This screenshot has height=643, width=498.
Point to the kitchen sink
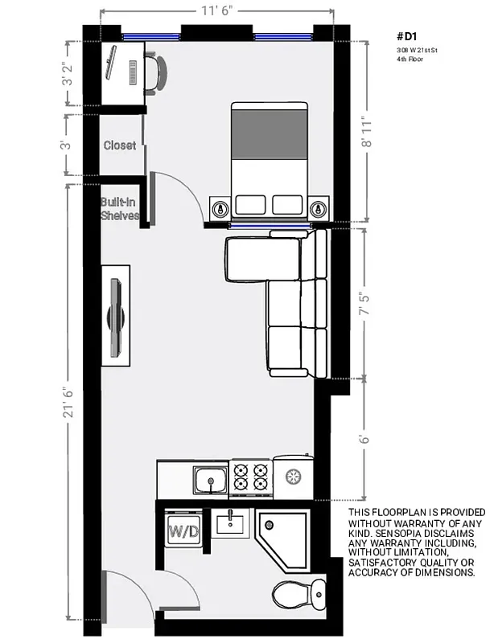point(211,481)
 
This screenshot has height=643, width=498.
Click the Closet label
point(119,145)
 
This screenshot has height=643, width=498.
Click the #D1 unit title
point(408,37)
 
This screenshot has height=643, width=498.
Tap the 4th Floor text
point(410,59)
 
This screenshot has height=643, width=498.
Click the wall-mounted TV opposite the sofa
point(118,316)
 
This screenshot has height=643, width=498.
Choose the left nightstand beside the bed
point(220,208)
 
